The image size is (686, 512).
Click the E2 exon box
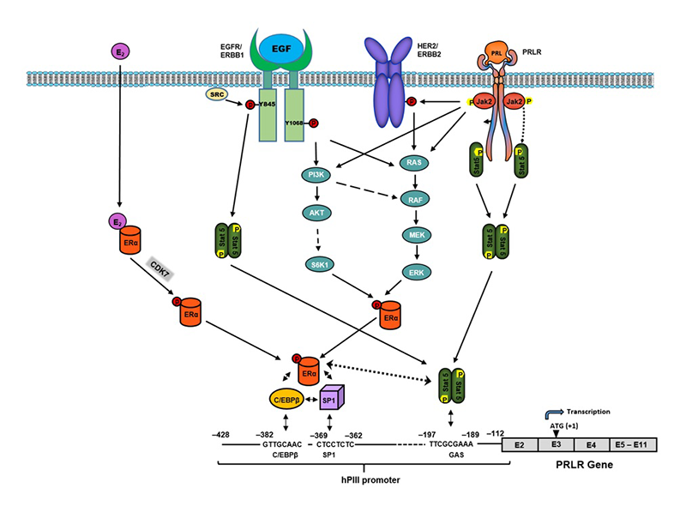point(519,444)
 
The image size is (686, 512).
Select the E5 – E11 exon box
point(633,444)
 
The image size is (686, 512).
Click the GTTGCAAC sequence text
point(282,445)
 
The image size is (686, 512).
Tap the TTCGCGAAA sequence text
point(449,445)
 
